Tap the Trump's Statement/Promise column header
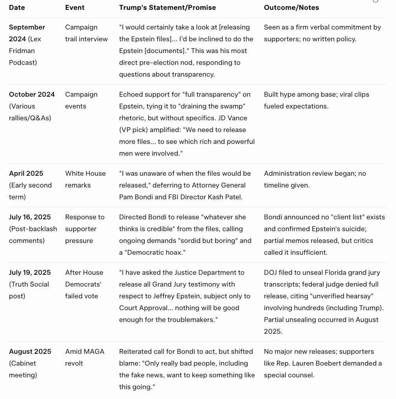(x=167, y=7)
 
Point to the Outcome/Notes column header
(x=291, y=7)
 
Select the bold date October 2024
(x=31, y=94)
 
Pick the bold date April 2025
(x=26, y=173)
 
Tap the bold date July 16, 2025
(x=30, y=217)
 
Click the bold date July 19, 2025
(x=30, y=272)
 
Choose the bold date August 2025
(x=30, y=351)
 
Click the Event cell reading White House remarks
(x=85, y=179)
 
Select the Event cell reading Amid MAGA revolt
(x=85, y=357)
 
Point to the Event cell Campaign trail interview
(x=86, y=33)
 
